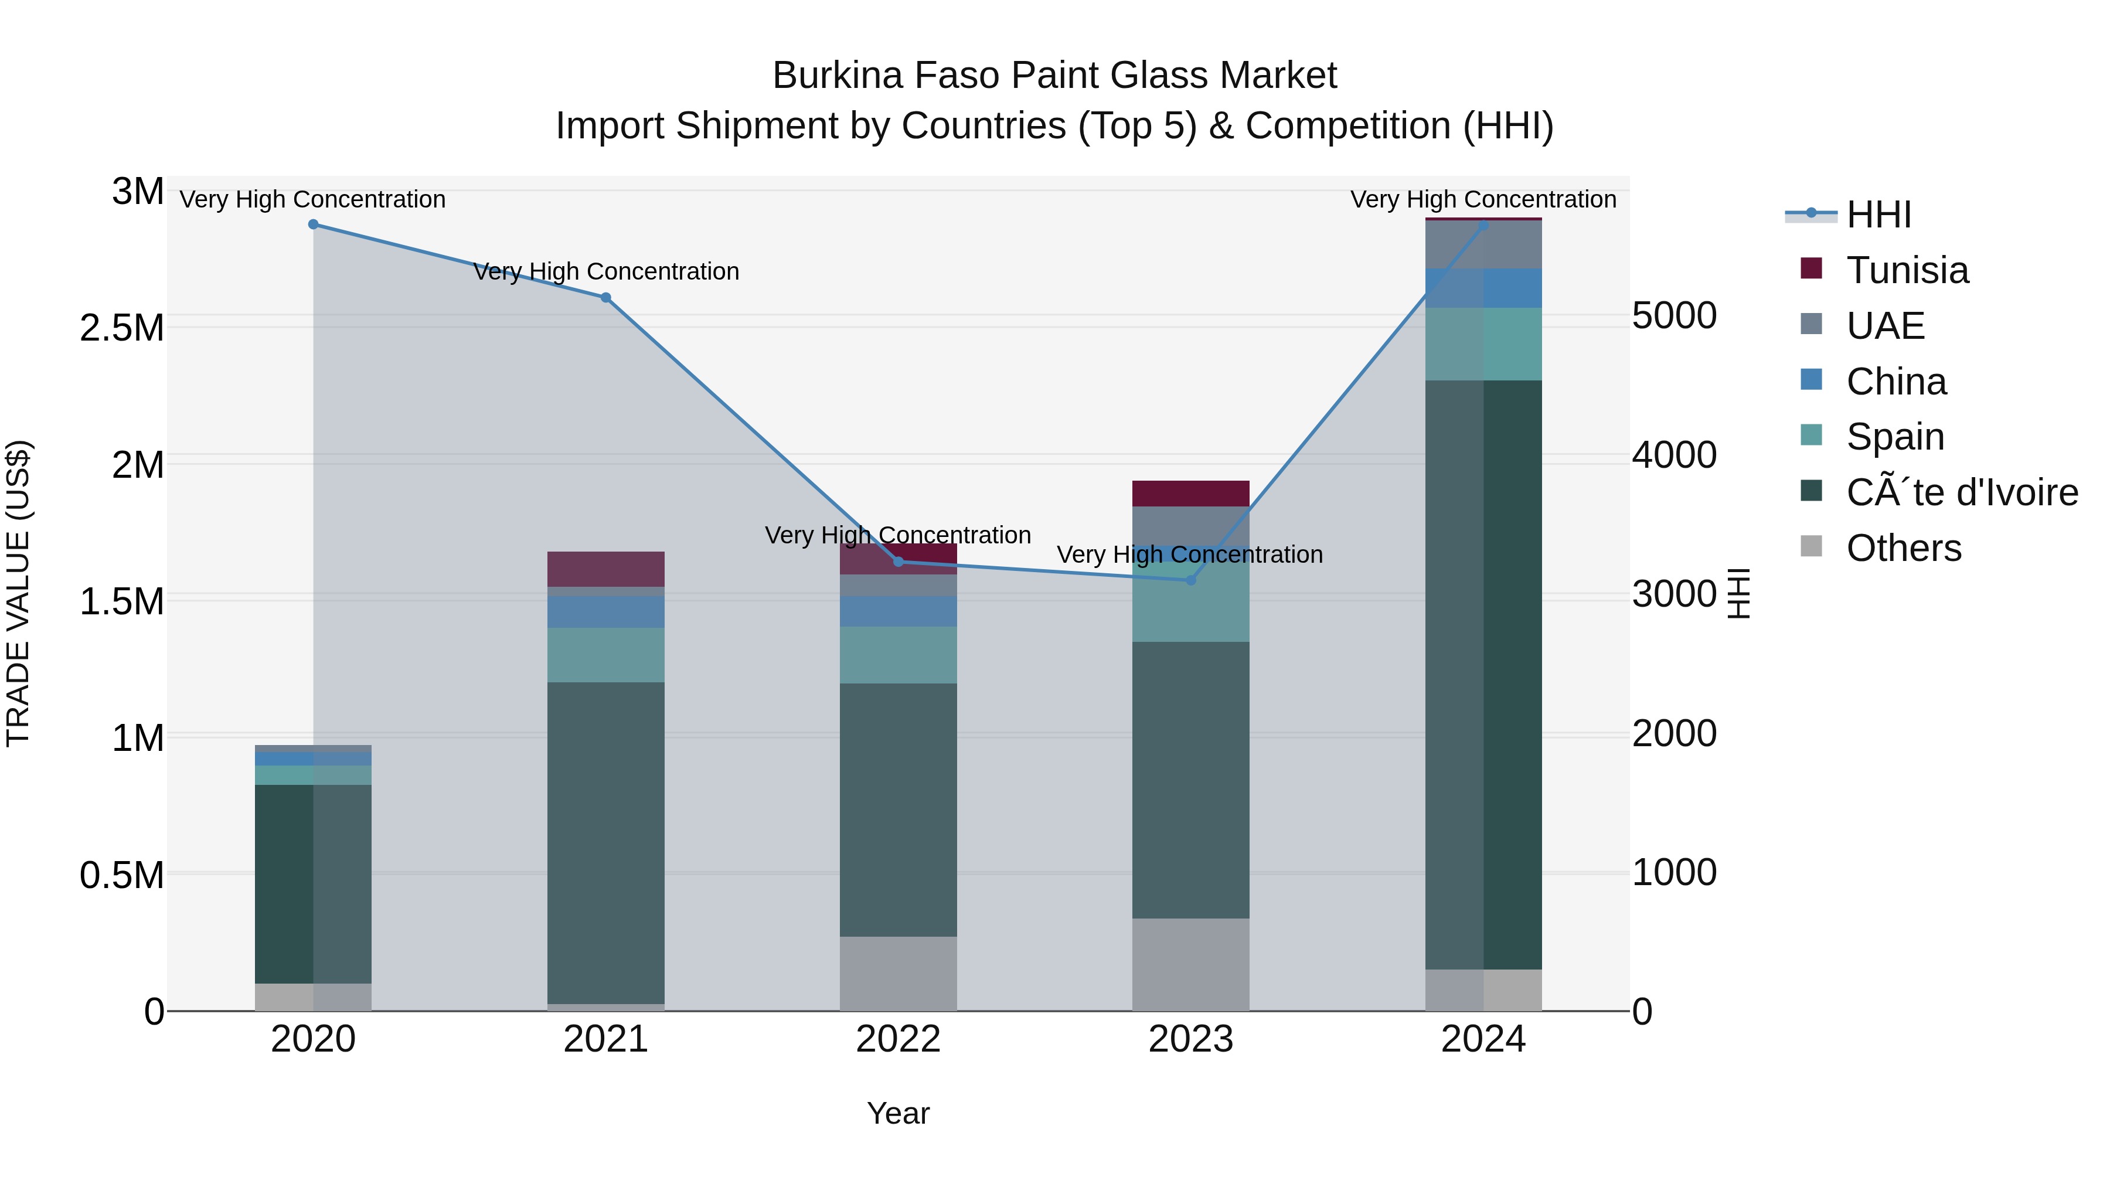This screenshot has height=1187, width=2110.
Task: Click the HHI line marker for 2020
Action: coord(313,225)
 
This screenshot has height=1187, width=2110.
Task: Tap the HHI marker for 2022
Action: coord(898,562)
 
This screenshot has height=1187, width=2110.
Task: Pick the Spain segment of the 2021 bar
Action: coord(605,655)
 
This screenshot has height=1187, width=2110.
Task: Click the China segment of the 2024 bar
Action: coord(1483,288)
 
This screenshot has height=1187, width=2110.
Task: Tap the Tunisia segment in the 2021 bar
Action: coord(605,569)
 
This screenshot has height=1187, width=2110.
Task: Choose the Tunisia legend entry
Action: coord(1907,270)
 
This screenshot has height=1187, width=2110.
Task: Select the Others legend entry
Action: coord(1903,548)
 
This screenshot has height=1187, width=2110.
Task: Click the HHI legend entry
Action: coord(1878,215)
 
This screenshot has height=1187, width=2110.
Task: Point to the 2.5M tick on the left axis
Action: coord(122,328)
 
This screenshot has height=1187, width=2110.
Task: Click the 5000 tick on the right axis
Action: coord(1673,315)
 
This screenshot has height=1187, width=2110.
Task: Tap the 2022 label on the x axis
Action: coord(898,1039)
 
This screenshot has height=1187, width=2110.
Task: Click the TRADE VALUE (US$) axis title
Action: coord(18,593)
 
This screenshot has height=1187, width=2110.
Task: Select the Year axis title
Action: coord(898,1113)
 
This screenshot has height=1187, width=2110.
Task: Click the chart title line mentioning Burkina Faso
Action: coord(1054,76)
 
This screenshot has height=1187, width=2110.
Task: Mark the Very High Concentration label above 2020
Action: coord(313,200)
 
